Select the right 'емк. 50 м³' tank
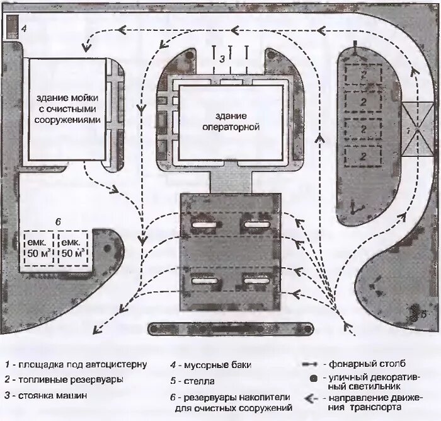click(73, 248)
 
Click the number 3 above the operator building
click(222, 57)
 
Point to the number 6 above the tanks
click(57, 222)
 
